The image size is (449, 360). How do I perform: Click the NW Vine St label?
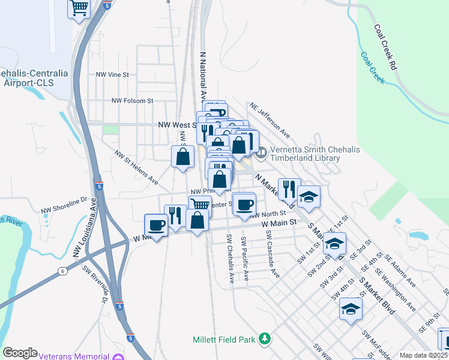pos(113,74)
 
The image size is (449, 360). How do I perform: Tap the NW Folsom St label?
pos(133,101)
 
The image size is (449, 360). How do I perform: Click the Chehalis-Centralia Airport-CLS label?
pos(34,77)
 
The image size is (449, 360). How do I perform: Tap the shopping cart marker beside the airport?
pos(79,8)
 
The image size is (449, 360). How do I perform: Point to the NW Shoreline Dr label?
pos(64,205)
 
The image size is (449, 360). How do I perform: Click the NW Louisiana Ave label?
pos(85,230)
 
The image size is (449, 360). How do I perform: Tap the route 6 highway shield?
pos(62,271)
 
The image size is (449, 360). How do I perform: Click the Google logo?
pos(20,353)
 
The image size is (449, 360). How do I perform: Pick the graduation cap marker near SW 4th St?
pos(351,309)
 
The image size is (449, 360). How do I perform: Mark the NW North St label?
pos(268,214)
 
